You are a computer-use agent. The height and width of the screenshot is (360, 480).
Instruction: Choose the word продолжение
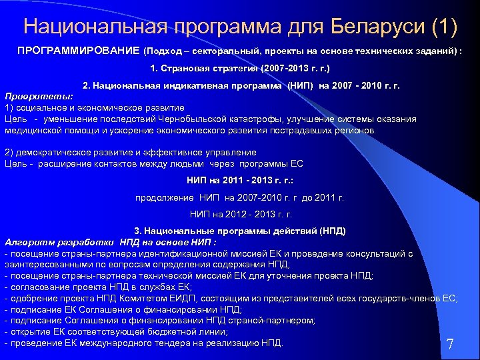tap(165, 197)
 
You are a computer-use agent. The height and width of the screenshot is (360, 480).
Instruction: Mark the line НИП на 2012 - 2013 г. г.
tap(240, 214)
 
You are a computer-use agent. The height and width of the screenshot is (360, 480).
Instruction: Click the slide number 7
tap(450, 345)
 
